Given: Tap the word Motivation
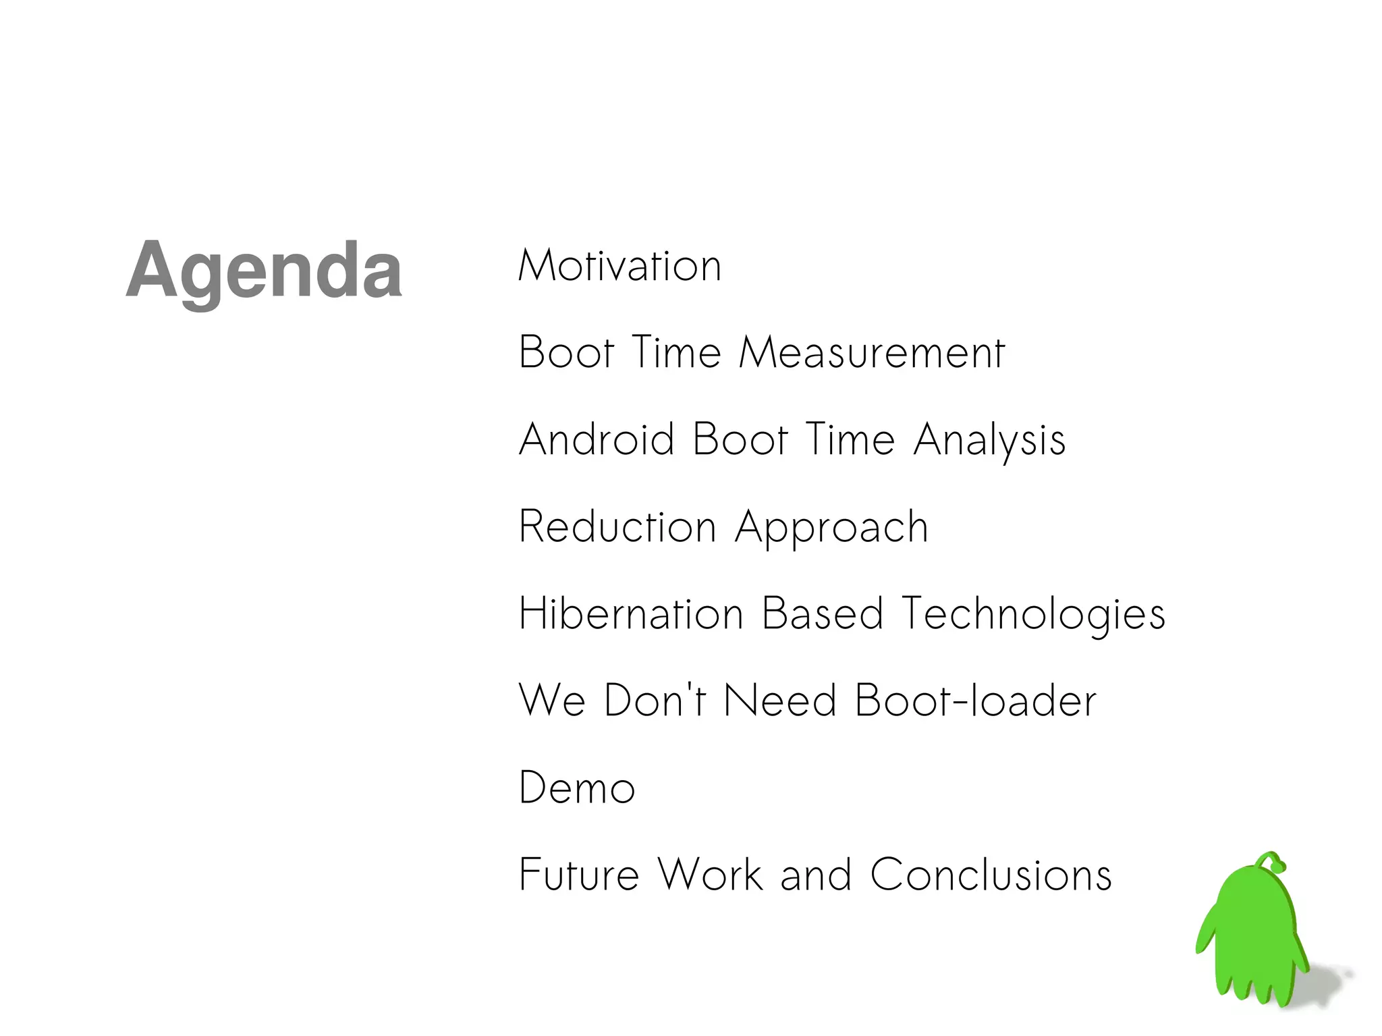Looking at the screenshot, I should (x=620, y=266).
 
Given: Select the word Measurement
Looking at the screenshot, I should (x=872, y=352).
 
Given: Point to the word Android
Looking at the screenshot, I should (x=597, y=439).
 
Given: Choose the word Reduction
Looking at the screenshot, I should (x=617, y=526).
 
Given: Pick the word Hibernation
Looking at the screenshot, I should (x=631, y=614).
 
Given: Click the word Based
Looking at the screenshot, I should (x=823, y=614).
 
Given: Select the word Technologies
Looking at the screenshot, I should (x=1033, y=615).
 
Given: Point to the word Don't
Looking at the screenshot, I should (x=655, y=700).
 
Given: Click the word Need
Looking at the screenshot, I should (x=780, y=700).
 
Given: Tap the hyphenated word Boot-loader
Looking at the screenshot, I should (x=975, y=700).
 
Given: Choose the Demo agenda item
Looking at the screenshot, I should (x=577, y=788).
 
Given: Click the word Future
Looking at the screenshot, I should (x=579, y=875).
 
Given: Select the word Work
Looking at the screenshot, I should (x=711, y=875).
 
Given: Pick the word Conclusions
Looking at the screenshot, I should (x=991, y=875).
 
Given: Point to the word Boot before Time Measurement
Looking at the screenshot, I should (x=566, y=352).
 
